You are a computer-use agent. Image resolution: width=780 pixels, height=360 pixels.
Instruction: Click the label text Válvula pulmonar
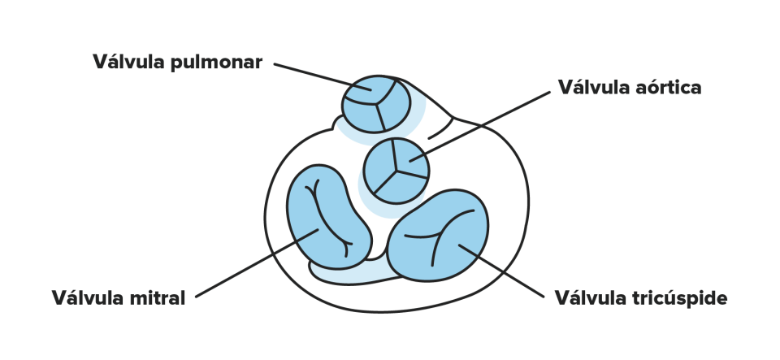pyautogui.click(x=178, y=62)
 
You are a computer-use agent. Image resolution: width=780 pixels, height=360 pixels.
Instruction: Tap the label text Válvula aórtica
pyautogui.click(x=630, y=87)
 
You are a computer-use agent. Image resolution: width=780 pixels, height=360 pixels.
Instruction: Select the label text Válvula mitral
pyautogui.click(x=119, y=298)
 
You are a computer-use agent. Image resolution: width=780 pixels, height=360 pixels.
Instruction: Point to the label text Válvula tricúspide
pyautogui.click(x=641, y=298)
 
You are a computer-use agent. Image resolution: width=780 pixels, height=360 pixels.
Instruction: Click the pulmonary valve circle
pyautogui.click(x=376, y=104)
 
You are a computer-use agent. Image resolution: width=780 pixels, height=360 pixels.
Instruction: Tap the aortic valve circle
pyautogui.click(x=396, y=171)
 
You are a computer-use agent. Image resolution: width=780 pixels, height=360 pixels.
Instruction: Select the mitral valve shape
pyautogui.click(x=329, y=217)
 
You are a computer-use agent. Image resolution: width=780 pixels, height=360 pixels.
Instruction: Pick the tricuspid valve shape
pyautogui.click(x=438, y=235)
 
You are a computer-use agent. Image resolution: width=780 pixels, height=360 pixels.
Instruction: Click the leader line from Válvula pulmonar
pyautogui.click(x=323, y=76)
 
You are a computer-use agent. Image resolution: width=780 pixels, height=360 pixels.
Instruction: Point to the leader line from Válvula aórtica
pyautogui.click(x=479, y=126)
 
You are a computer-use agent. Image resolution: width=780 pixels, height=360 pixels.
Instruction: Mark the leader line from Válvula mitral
pyautogui.click(x=257, y=263)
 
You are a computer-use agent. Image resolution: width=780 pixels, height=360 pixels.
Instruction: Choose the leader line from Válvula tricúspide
pyautogui.click(x=501, y=271)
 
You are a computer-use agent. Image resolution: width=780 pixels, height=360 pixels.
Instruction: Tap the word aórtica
pyautogui.click(x=669, y=87)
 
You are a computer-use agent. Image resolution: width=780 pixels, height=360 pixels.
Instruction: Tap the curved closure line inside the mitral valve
pyautogui.click(x=327, y=219)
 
